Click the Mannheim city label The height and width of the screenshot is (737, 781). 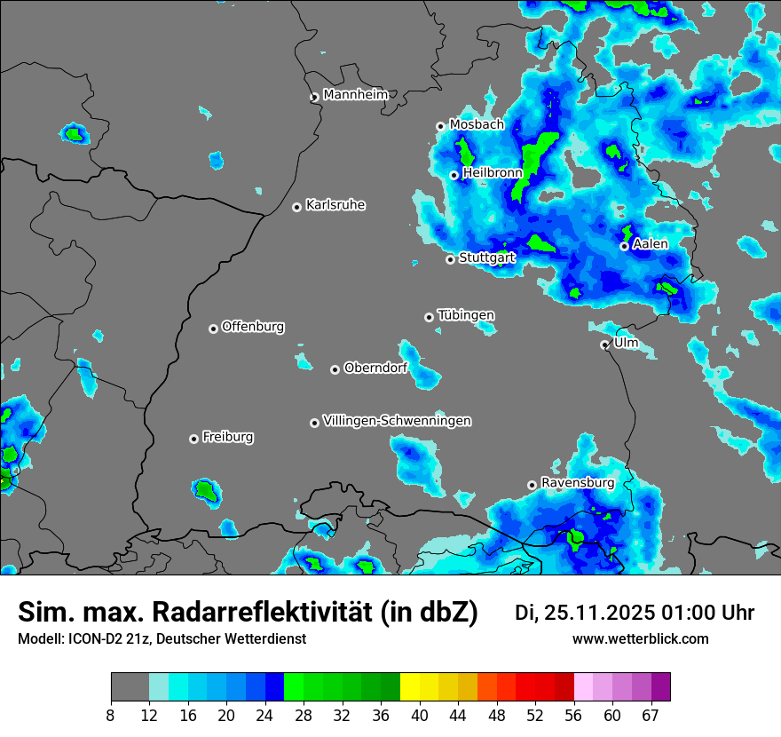[x=355, y=94]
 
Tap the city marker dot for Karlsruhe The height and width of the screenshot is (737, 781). [x=297, y=207]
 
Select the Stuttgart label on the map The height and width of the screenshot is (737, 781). [x=486, y=258]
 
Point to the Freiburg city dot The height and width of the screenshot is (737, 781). [x=193, y=439]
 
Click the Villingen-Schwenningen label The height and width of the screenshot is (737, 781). [x=397, y=421]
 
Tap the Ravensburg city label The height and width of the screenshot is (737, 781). [x=577, y=483]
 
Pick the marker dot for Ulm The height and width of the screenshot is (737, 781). [x=604, y=345]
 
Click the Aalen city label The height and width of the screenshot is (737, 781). [x=650, y=243]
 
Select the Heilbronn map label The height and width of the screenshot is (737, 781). [x=492, y=173]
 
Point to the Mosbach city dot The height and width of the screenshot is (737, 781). [x=440, y=126]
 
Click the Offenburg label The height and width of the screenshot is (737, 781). [x=253, y=327]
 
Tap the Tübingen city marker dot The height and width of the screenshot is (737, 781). [x=430, y=317]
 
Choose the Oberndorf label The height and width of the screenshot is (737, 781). [x=375, y=368]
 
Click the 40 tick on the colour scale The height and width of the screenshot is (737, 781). [x=420, y=715]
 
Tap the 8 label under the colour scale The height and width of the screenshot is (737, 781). [x=110, y=715]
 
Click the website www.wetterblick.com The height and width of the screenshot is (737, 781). [x=640, y=639]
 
